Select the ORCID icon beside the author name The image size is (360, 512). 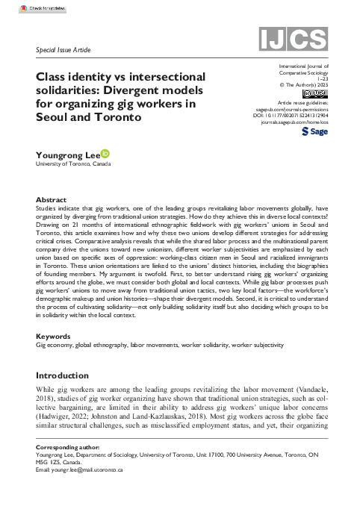(105, 154)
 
